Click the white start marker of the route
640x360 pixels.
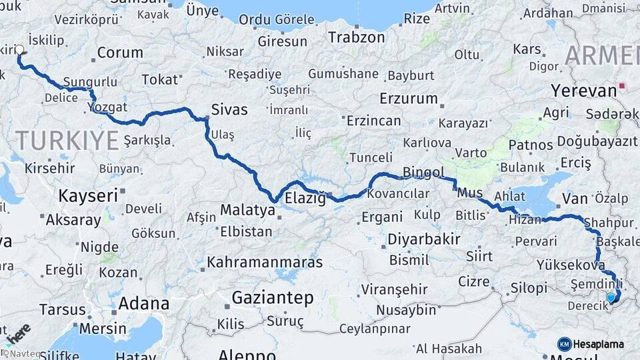pyautogui.click(x=19, y=49)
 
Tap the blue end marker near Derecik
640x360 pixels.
pyautogui.click(x=611, y=297)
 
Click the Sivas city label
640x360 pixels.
pyautogui.click(x=229, y=110)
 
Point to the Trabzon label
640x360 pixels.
pyautogui.click(x=356, y=37)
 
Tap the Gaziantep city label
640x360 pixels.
pyautogui.click(x=272, y=298)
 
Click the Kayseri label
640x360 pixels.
pyautogui.click(x=88, y=196)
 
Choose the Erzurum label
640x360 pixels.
pyautogui.click(x=408, y=99)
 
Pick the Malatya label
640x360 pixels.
pyautogui.click(x=247, y=209)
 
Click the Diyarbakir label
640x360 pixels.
pyautogui.click(x=424, y=239)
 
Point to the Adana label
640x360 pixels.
pyautogui.click(x=143, y=304)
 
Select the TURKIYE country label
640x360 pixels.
pyautogui.click(x=67, y=140)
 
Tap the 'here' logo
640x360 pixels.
pyautogui.click(x=17, y=333)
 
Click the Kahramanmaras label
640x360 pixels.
pyautogui.click(x=265, y=262)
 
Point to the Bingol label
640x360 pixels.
pyautogui.click(x=423, y=173)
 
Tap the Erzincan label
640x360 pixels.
pyautogui.click(x=373, y=121)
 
